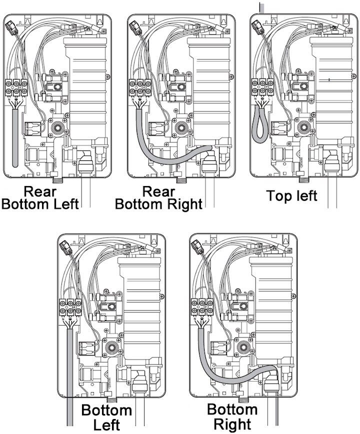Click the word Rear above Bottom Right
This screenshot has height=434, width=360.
(158, 191)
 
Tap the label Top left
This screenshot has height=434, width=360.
(291, 195)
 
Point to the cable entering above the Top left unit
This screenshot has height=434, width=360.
(260, 7)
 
